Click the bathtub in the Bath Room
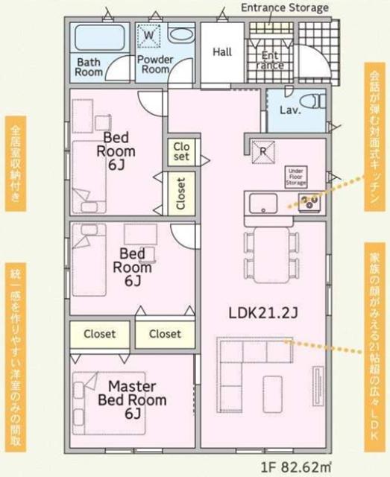click(x=100, y=38)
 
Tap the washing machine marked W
click(x=149, y=35)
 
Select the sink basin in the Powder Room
click(x=180, y=35)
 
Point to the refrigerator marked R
click(x=262, y=148)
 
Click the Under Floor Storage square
click(x=295, y=176)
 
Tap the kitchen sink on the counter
click(x=262, y=201)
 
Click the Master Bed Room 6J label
click(x=133, y=399)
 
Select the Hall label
click(x=222, y=52)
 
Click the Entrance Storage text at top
click(x=284, y=7)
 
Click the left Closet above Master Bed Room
click(x=99, y=334)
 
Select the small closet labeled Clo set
click(x=180, y=152)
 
